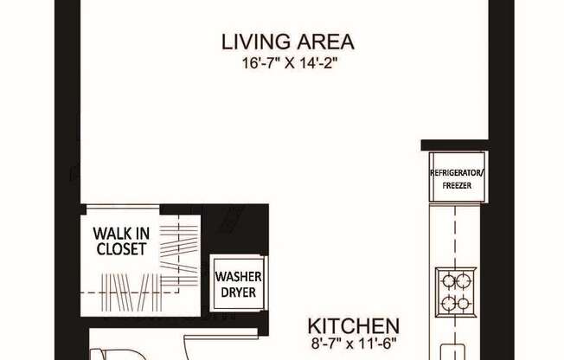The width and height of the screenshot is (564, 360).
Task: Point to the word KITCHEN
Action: (x=354, y=326)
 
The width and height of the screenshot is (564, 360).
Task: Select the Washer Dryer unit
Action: (x=238, y=284)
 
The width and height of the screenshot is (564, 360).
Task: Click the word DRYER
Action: (x=238, y=292)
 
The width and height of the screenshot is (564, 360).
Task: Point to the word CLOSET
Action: (x=121, y=249)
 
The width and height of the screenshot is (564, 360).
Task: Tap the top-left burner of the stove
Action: (x=448, y=280)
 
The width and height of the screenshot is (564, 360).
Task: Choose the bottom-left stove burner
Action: (x=448, y=304)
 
